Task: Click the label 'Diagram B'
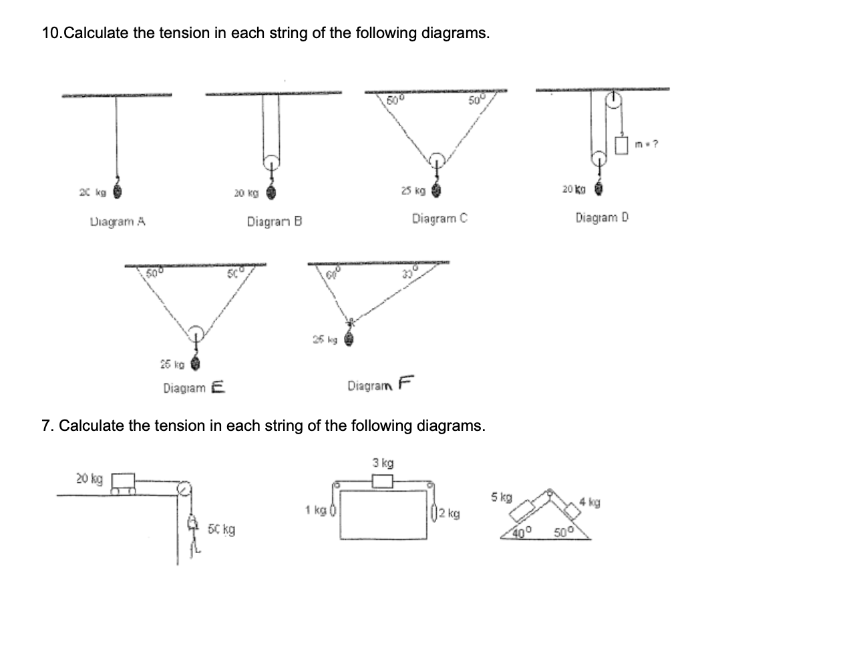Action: coord(275,221)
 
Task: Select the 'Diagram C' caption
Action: coord(440,218)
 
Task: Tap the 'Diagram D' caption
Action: coord(602,217)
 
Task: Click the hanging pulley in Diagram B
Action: coord(271,163)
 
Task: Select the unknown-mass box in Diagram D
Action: coord(622,144)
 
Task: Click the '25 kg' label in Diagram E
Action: coord(172,365)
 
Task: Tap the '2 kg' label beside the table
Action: coord(453,514)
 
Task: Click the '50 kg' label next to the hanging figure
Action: coord(221,530)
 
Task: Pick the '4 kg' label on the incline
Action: coord(590,502)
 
